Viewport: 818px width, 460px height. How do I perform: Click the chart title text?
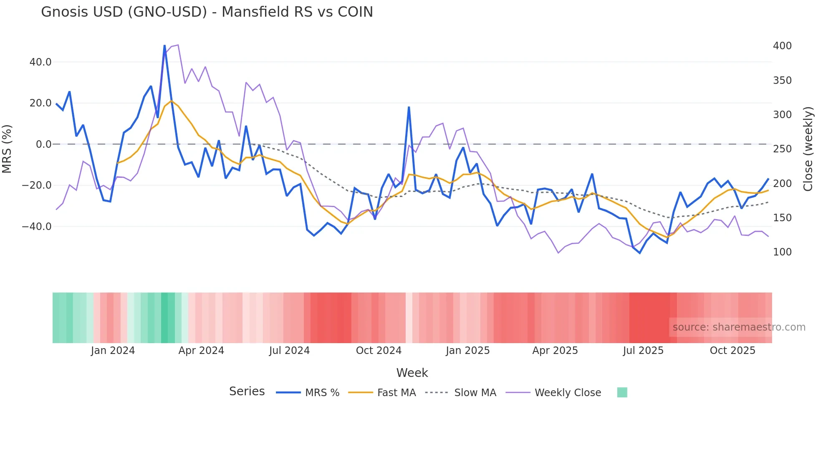tap(207, 12)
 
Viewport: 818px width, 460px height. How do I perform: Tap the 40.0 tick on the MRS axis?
tap(40, 62)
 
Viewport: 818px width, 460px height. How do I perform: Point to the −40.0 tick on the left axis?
tap(37, 227)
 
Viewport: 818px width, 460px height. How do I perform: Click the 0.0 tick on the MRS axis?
tap(43, 144)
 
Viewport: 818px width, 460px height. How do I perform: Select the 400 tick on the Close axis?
tap(782, 46)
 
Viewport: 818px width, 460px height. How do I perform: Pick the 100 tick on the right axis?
tap(782, 252)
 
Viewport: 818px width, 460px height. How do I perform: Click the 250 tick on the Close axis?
tap(782, 149)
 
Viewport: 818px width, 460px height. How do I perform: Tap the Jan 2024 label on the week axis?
tap(113, 351)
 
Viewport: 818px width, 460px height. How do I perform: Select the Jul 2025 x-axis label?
tap(643, 351)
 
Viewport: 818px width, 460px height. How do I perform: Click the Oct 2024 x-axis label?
tap(379, 351)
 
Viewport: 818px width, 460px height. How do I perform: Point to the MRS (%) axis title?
tap(7, 149)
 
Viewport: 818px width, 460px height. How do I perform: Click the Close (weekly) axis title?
tap(808, 149)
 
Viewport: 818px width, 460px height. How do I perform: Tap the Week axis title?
tap(412, 373)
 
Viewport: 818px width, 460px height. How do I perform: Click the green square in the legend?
tap(622, 392)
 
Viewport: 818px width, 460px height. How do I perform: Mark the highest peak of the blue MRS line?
tap(164, 45)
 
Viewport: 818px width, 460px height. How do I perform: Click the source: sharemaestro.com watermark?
tap(739, 327)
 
